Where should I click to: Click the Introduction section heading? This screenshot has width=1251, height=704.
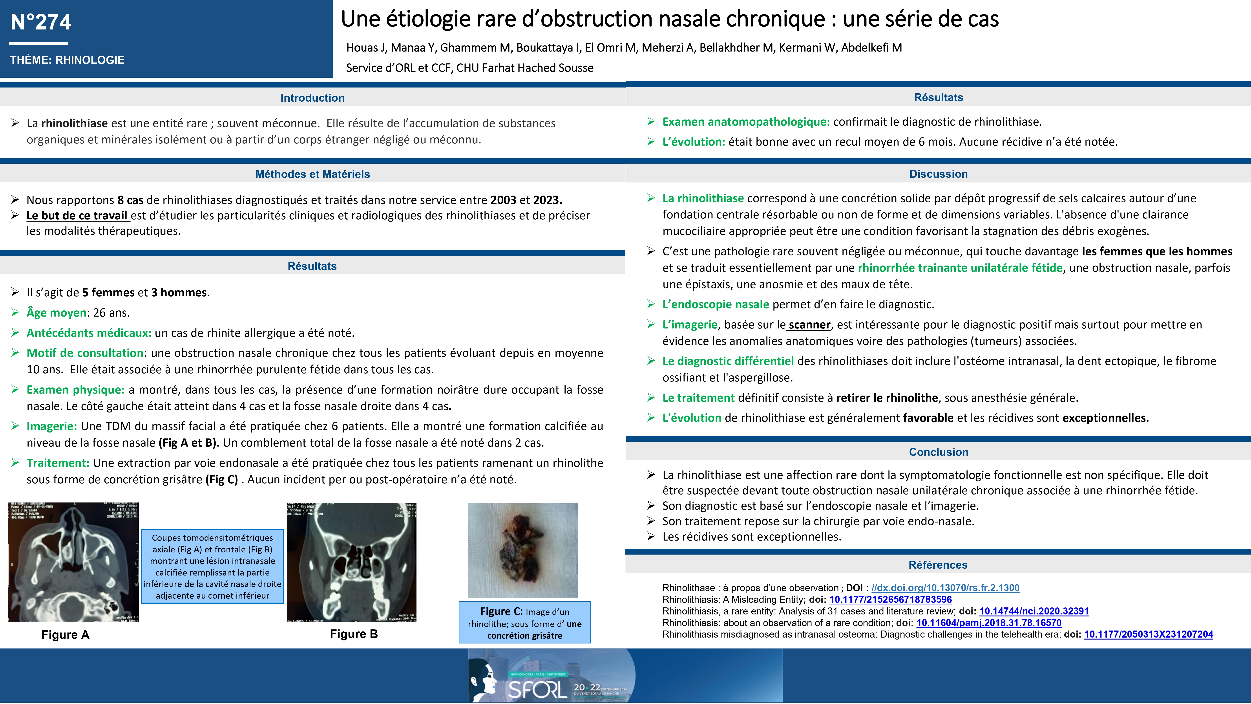point(312,98)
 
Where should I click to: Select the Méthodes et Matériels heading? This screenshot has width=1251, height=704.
point(312,174)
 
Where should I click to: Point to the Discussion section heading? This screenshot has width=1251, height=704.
point(938,174)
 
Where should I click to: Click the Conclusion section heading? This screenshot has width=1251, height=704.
point(938,452)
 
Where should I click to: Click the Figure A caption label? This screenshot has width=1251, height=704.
point(66,634)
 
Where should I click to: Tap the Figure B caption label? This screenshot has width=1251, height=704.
point(354,634)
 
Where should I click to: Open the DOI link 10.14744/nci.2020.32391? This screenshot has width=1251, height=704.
point(1034,611)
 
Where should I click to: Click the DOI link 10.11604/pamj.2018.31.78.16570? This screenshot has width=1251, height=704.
point(989,623)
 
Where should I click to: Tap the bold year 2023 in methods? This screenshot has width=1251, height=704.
point(547,200)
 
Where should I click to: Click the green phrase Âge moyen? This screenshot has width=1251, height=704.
point(56,312)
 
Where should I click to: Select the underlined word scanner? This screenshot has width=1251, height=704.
point(810,324)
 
